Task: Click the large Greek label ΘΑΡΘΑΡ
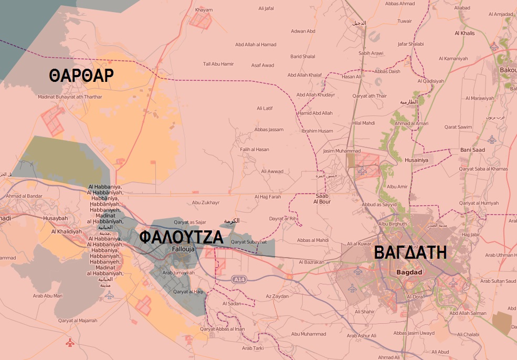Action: [x=81, y=76]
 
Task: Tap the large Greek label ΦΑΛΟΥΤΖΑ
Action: [x=182, y=238]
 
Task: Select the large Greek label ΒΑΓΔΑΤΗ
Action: [x=410, y=253]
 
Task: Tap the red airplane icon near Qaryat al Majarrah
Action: [x=70, y=343]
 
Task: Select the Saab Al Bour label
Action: [x=322, y=198]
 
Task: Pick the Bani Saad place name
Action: [x=472, y=150]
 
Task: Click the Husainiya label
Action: [x=416, y=160]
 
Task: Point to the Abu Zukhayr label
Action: [x=206, y=202]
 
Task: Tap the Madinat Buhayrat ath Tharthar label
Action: [x=70, y=97]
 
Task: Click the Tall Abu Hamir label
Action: [x=218, y=64]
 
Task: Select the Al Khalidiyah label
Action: [x=67, y=231]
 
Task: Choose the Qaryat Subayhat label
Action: [x=249, y=242]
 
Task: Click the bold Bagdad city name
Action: [x=409, y=272]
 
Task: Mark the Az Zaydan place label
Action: [x=277, y=297]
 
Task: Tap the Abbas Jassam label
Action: [x=268, y=130]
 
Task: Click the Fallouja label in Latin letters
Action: [x=183, y=249]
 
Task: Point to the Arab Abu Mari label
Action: [x=48, y=296]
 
